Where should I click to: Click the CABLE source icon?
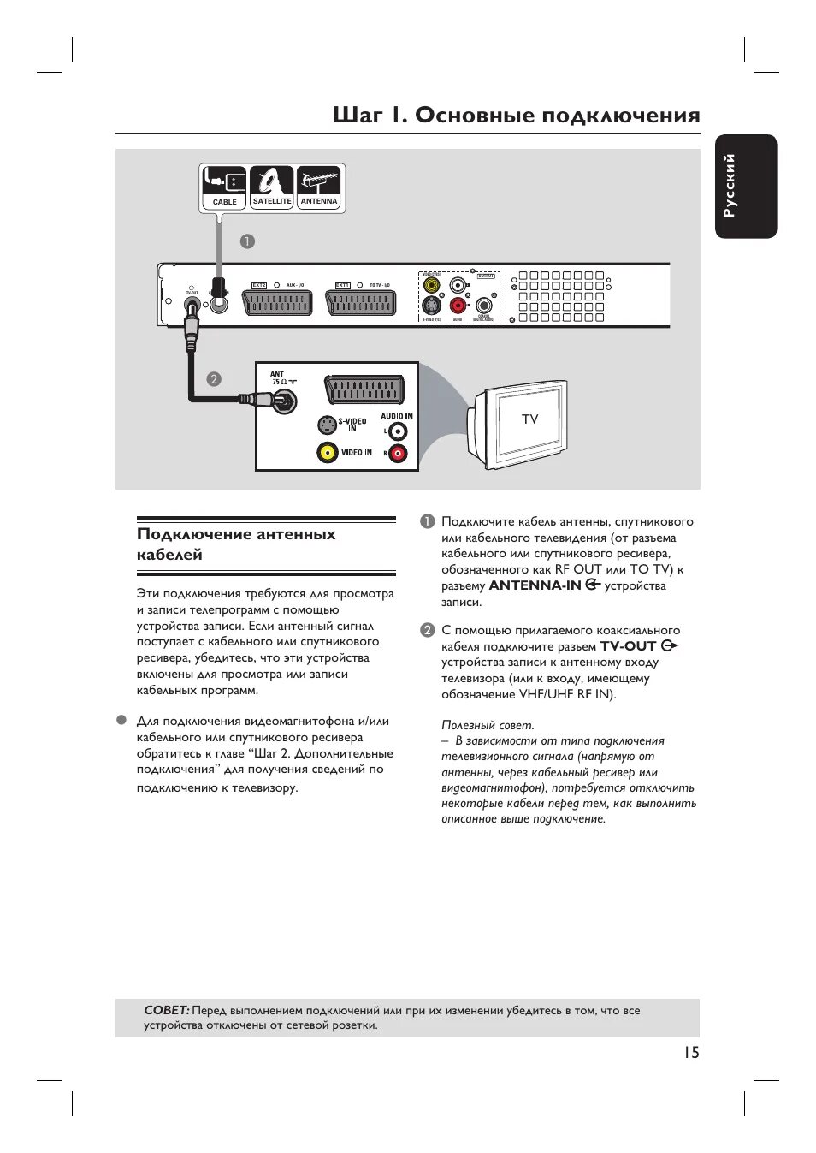(x=224, y=187)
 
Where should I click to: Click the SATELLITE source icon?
(x=272, y=187)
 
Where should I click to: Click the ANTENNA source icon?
(x=319, y=187)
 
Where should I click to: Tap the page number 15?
(x=690, y=1053)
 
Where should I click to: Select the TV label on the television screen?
(x=530, y=419)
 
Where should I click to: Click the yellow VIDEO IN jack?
(x=327, y=453)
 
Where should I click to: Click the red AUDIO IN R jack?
(x=398, y=453)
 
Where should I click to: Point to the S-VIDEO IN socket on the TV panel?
(x=327, y=425)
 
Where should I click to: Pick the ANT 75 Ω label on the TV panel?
(x=277, y=377)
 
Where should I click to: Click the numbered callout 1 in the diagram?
(x=247, y=241)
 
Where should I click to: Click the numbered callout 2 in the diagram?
(x=214, y=378)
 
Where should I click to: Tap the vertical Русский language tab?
(x=746, y=186)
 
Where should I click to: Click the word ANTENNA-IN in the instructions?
(x=535, y=585)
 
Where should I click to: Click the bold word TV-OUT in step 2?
(x=628, y=646)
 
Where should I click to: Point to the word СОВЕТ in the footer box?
(x=166, y=1011)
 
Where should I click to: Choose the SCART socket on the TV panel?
(x=364, y=389)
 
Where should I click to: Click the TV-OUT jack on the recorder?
(x=192, y=306)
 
